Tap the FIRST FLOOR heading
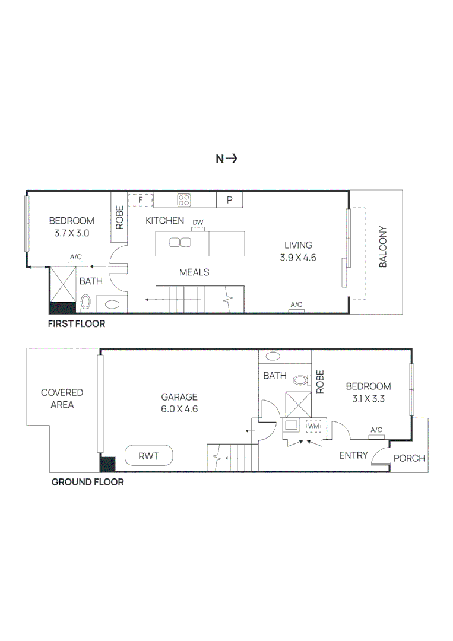tap(77, 324)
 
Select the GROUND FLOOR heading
tap(87, 482)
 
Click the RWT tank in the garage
tap(149, 456)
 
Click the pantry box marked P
tap(229, 200)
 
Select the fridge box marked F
tap(141, 200)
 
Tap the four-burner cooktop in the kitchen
tap(185, 200)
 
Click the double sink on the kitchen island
tap(180, 242)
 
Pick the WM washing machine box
tap(313, 426)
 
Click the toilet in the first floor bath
tap(85, 302)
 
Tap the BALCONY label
tap(382, 246)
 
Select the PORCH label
tap(410, 458)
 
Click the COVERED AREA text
tap(62, 398)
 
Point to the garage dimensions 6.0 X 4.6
tap(179, 409)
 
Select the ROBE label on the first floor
tap(119, 218)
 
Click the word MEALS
tap(194, 272)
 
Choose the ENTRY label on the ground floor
tap(353, 456)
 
